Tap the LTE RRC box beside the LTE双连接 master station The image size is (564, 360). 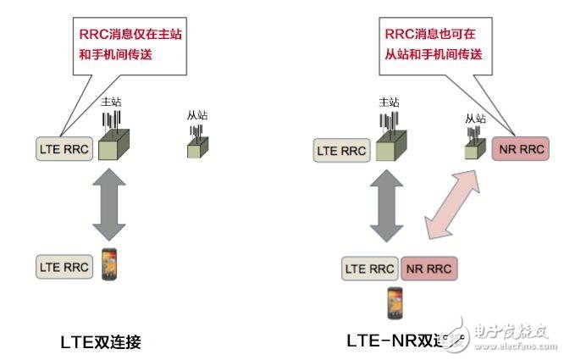[63, 150]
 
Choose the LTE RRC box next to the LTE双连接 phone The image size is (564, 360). [63, 265]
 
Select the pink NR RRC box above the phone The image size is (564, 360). [428, 269]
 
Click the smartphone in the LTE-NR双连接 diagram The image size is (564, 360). [394, 302]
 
